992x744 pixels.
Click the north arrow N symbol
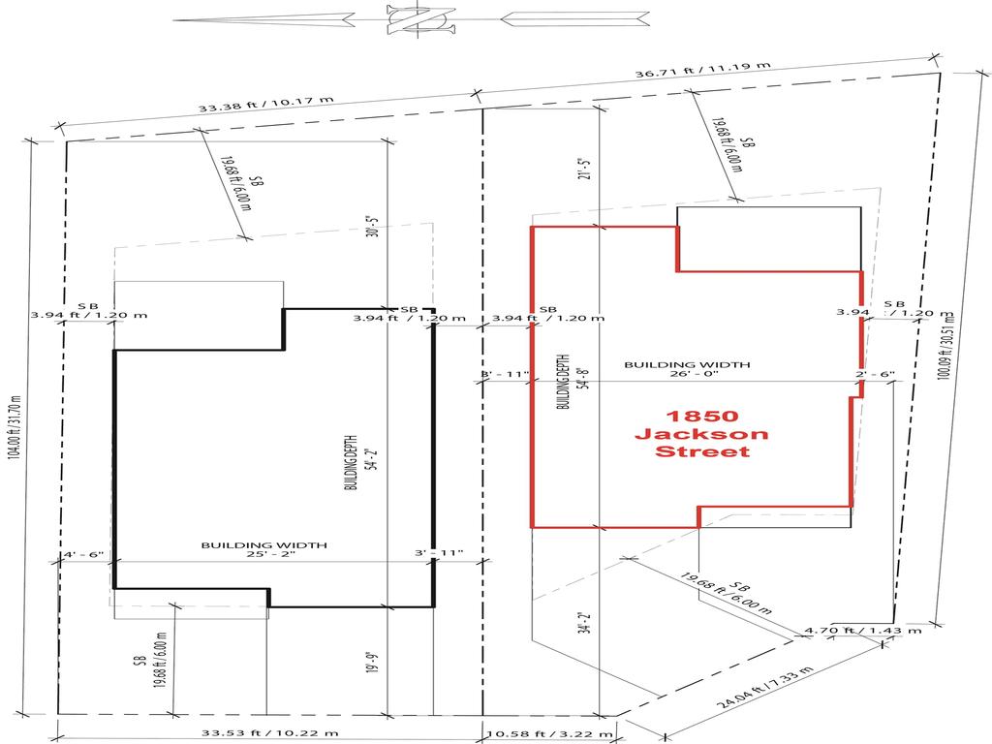[x=419, y=18]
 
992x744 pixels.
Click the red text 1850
[x=701, y=416]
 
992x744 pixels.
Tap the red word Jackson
[x=701, y=433]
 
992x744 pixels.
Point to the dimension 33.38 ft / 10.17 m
[x=265, y=102]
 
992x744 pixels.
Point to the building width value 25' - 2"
[x=263, y=555]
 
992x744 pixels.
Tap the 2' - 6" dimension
[x=875, y=374]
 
